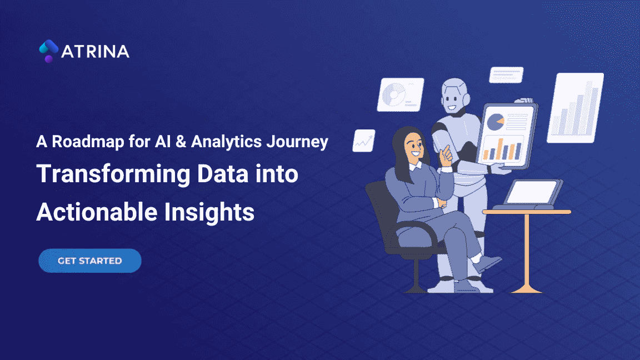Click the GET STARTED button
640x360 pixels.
click(x=90, y=261)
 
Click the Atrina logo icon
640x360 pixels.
click(x=48, y=51)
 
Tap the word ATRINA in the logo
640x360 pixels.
click(x=95, y=52)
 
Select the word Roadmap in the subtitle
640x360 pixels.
click(x=88, y=142)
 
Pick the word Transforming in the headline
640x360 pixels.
click(x=113, y=174)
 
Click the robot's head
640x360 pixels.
click(x=455, y=96)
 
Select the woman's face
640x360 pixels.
click(x=414, y=147)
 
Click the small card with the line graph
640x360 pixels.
click(x=364, y=141)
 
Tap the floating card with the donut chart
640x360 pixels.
click(x=401, y=94)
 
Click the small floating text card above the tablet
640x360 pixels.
click(x=506, y=74)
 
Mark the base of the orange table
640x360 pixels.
click(x=527, y=289)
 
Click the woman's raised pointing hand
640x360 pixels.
click(x=447, y=155)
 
